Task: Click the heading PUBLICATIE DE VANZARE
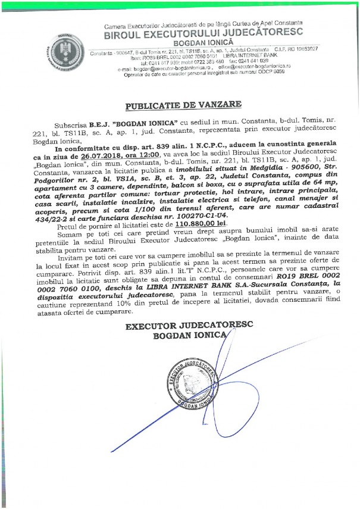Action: [183, 104]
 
